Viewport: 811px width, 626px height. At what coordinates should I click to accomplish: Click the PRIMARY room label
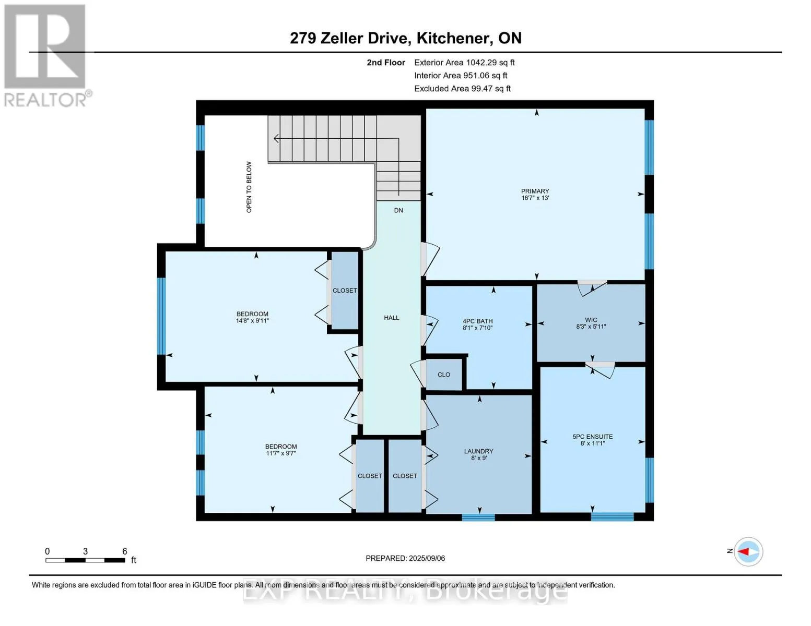click(535, 191)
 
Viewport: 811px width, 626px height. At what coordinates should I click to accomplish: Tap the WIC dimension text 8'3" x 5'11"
click(591, 327)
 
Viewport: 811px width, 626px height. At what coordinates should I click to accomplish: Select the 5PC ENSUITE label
click(593, 437)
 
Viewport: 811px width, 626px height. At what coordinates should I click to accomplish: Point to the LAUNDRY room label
click(479, 451)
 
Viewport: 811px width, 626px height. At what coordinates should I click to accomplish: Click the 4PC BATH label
click(478, 321)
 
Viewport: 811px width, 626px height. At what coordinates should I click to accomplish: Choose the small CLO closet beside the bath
click(444, 375)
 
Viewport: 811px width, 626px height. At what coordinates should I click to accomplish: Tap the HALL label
click(392, 318)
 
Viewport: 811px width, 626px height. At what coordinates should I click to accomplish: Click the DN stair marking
click(398, 210)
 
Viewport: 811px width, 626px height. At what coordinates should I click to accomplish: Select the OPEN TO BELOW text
click(249, 187)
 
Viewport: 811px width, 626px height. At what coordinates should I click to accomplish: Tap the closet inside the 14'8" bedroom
click(345, 291)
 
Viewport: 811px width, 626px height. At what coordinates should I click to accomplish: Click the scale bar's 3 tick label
click(86, 551)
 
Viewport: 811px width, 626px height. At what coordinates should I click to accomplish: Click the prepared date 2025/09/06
click(427, 558)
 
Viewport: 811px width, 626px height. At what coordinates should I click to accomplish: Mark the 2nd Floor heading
click(385, 63)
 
